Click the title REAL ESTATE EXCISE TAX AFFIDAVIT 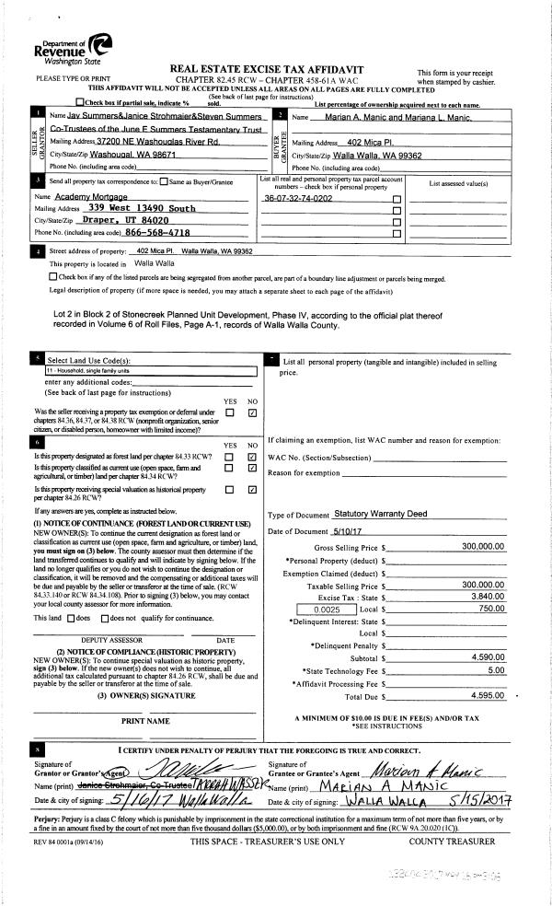[x=267, y=69]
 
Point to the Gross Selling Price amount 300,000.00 [x=483, y=546]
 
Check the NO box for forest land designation [x=251, y=457]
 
